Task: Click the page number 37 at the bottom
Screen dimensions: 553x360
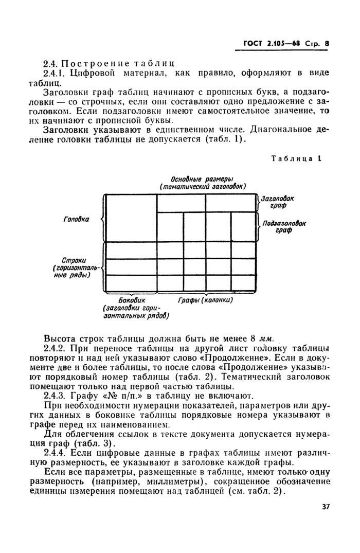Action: tap(325, 521)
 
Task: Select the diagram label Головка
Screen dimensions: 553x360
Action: tap(76, 219)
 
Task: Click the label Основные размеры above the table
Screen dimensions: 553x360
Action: tap(202, 178)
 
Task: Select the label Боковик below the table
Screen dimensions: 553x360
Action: tap(132, 300)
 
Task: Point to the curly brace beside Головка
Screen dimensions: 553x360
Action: tap(101, 219)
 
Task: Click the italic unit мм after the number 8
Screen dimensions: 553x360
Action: tap(265, 338)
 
